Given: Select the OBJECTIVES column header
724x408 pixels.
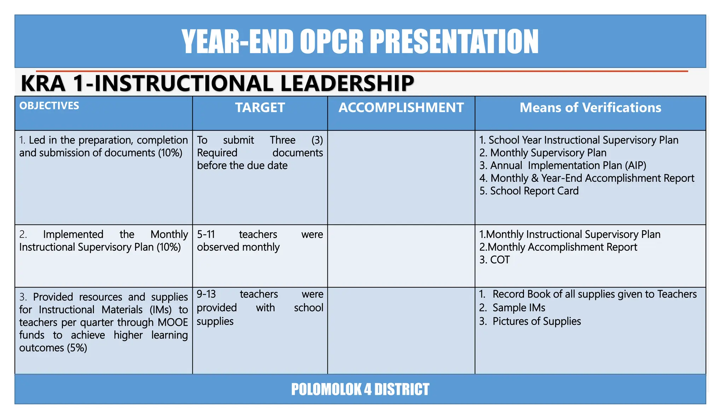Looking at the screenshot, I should pos(49,106).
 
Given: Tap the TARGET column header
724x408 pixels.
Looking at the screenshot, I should pos(260,108).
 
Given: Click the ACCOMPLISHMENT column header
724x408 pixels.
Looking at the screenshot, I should pos(401,108).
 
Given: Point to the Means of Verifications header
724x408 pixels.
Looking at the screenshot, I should pos(590,108).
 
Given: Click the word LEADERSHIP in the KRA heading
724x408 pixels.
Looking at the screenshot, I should pos(347,84).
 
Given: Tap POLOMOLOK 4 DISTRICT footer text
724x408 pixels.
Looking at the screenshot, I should pos(360,389).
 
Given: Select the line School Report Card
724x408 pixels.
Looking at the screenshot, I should pos(529,191).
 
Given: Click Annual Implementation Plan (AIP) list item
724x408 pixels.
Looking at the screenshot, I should pos(563,165).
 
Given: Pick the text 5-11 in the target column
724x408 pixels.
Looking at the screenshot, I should pos(206,234).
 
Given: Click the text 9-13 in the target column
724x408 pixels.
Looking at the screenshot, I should pos(206,294).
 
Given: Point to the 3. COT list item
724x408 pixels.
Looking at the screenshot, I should pos(494,260).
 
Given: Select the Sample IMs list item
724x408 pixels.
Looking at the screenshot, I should pos(519,308).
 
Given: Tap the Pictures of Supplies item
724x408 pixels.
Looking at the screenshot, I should pos(536,321).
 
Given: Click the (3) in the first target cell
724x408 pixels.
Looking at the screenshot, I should pos(317,140).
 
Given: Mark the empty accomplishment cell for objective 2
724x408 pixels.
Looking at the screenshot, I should pos(401,256).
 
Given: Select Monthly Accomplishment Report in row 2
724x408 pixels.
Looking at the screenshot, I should pos(559,247).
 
